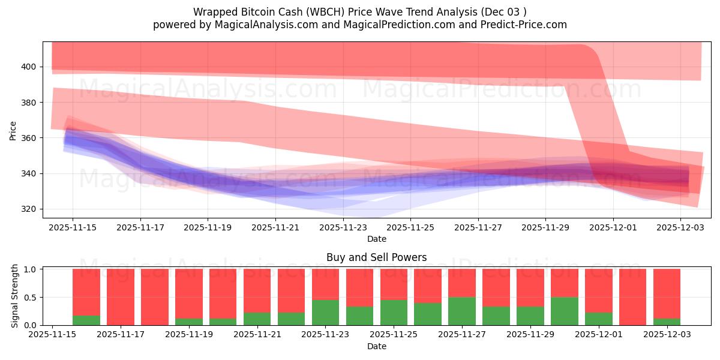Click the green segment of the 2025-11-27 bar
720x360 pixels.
coord(462,311)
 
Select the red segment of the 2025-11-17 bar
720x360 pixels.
coord(121,296)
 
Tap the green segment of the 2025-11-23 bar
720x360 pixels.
coord(325,312)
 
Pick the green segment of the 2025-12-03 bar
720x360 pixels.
coord(667,322)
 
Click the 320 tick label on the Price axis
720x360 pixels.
coord(29,209)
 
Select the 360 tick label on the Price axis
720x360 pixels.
coord(29,138)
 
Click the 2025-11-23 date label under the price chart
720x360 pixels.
coord(343,228)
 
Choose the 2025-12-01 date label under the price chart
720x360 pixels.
coord(613,228)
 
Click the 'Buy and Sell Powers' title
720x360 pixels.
coord(376,257)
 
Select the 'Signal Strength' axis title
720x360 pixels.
coord(15,296)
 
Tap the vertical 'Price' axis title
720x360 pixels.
coord(13,130)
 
